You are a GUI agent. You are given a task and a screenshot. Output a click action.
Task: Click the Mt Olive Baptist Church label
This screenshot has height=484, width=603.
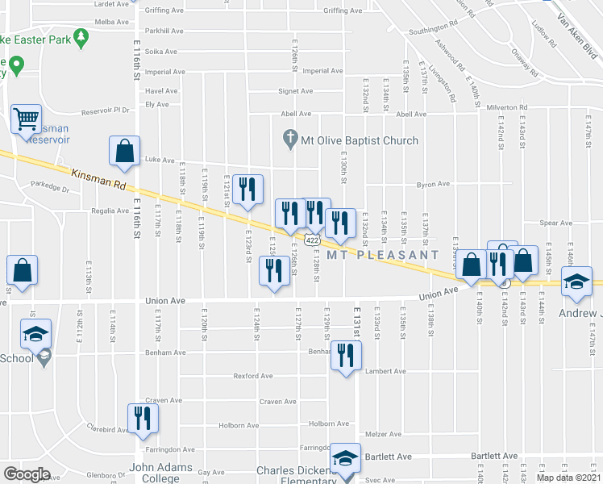coord(360,140)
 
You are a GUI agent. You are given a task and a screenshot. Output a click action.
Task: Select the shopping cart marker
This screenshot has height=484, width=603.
coord(26,119)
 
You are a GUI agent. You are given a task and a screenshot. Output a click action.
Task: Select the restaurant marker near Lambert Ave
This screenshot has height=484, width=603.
coord(347,355)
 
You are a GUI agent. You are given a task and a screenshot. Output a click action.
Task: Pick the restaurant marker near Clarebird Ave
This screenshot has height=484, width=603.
coord(143,418)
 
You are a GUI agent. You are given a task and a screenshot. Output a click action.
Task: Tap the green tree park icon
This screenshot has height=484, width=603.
coord(80,37)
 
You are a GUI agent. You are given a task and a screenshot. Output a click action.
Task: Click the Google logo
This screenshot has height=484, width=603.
coord(27,474)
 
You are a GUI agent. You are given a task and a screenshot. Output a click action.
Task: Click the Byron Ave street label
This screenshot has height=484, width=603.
coord(433,185)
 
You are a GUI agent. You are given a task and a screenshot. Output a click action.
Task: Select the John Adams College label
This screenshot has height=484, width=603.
coord(161,473)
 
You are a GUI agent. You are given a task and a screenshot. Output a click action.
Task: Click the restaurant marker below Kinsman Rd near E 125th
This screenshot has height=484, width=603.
coord(273,271)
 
